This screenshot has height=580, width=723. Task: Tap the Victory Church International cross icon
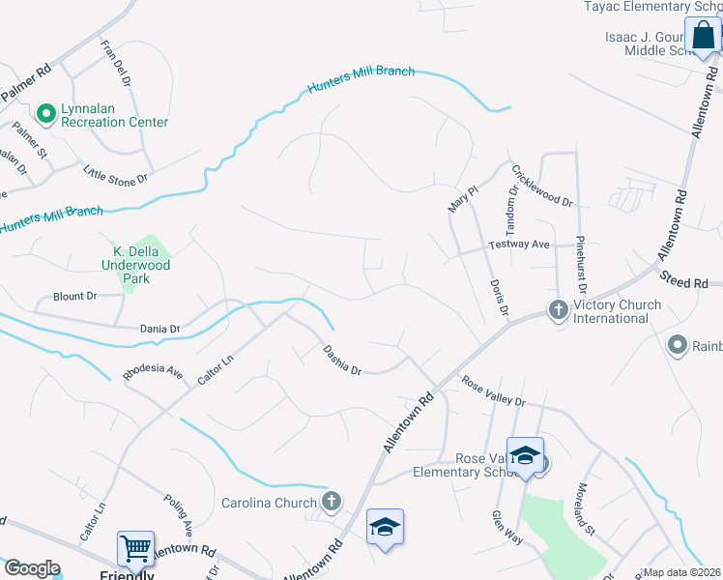558,310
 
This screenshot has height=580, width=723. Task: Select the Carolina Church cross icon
332,501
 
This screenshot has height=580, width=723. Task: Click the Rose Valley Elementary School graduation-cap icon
525,455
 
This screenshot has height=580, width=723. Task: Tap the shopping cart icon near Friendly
135,548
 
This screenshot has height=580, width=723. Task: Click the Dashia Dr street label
342,362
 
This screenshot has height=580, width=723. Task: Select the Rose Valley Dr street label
493,392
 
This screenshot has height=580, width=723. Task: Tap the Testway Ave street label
519,245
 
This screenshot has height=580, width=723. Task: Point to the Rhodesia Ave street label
153,371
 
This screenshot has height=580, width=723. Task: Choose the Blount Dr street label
75,296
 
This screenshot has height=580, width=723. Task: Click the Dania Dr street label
160,329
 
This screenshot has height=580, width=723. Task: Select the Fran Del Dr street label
120,61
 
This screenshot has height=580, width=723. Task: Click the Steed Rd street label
683,281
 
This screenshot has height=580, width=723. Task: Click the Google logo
31,568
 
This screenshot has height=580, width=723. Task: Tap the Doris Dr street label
499,298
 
